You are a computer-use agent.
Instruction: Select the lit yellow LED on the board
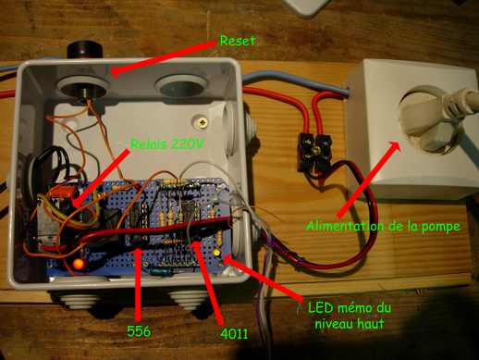[x=216, y=252]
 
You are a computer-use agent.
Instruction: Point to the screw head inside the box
[x=200, y=121]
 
